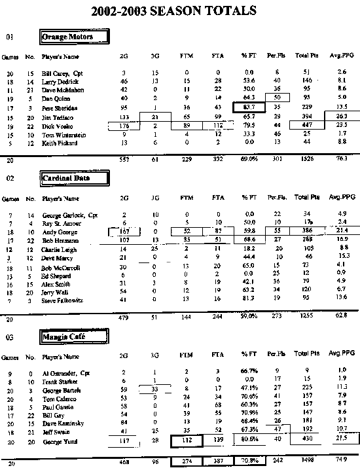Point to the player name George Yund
pyautogui.click(x=57, y=441)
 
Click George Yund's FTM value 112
pyautogui.click(x=187, y=441)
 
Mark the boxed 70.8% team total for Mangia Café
pyautogui.click(x=249, y=460)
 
